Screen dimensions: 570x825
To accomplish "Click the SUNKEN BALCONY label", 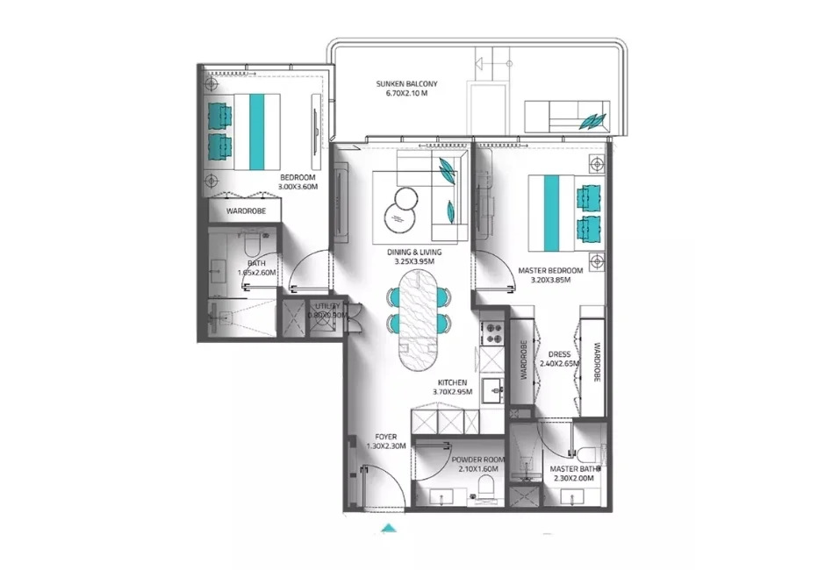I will click(x=406, y=84).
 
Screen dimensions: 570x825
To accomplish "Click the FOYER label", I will click(x=385, y=436).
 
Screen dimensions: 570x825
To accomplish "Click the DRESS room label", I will click(x=558, y=354).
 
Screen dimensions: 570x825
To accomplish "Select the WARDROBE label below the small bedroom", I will click(x=246, y=211).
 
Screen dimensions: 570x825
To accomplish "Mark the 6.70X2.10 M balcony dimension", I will click(x=406, y=94).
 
